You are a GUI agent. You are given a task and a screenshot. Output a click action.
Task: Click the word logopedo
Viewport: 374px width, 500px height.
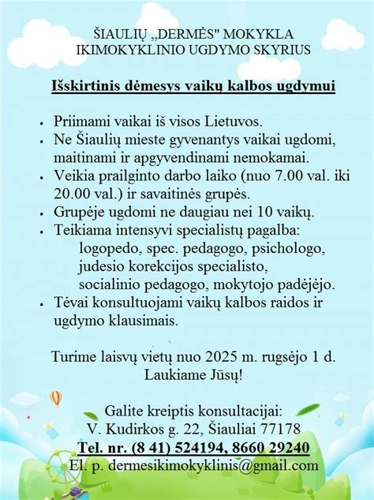pyautogui.click(x=109, y=248)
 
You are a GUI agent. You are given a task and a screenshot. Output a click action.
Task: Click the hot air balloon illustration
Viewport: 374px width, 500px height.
pyautogui.click(x=55, y=398)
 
